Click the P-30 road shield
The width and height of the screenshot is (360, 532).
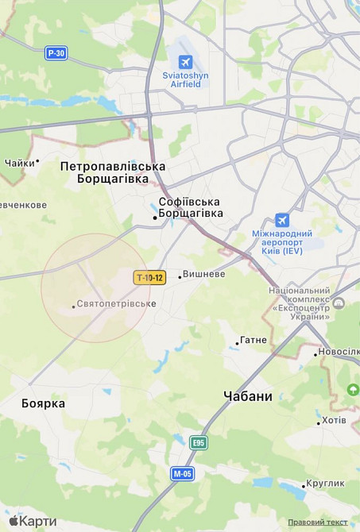(x=56, y=53)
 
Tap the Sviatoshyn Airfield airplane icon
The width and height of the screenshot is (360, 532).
(x=185, y=61)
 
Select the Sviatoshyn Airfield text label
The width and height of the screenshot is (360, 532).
(x=186, y=79)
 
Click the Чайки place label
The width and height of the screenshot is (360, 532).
(x=19, y=163)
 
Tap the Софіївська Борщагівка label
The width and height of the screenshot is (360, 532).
(x=189, y=207)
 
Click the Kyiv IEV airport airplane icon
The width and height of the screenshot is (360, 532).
(x=281, y=220)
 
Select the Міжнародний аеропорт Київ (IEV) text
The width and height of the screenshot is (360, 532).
(x=282, y=242)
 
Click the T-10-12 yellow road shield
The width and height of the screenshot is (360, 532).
(x=149, y=277)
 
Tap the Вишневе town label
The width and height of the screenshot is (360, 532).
(x=203, y=274)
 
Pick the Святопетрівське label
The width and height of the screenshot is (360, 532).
(x=116, y=304)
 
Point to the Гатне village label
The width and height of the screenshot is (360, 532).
(x=254, y=340)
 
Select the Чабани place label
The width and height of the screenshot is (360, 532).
(x=248, y=396)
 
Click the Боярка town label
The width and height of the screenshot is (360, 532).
(x=43, y=403)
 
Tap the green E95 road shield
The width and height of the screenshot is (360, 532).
(x=199, y=442)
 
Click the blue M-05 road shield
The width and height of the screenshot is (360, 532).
(x=182, y=473)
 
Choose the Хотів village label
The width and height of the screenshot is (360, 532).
(x=334, y=420)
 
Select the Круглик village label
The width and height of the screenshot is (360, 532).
(x=327, y=483)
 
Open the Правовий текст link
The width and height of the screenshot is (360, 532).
(x=318, y=522)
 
